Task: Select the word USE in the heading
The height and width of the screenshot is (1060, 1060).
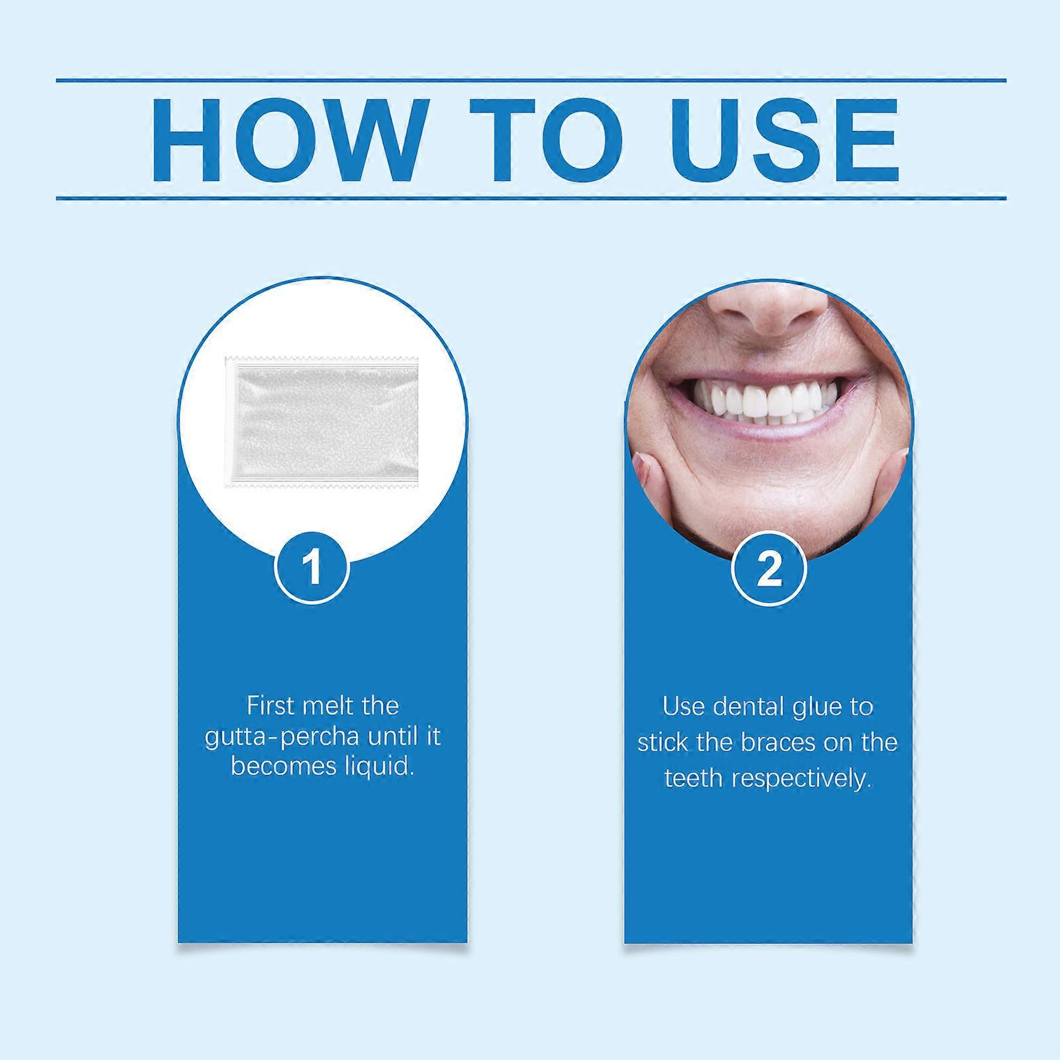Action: coord(784,140)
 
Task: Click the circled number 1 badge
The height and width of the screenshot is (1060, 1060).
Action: coord(312,566)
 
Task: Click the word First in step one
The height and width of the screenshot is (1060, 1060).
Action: coord(270,706)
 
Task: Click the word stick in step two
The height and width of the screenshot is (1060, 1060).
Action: coord(663,742)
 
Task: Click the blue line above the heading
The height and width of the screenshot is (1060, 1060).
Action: coord(530,81)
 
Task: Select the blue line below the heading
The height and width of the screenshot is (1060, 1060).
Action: coord(530,197)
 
